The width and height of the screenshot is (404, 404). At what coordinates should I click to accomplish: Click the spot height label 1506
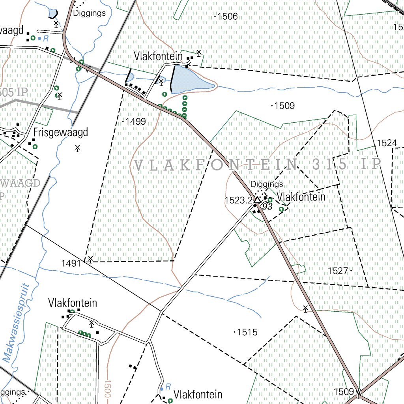(x=228, y=17)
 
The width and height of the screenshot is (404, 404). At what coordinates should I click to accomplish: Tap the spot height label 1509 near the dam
(x=285, y=106)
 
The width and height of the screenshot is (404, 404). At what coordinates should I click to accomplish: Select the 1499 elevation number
(x=136, y=122)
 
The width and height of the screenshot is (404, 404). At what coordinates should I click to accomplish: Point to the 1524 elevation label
(x=387, y=143)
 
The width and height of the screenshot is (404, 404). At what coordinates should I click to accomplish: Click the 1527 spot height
(x=338, y=271)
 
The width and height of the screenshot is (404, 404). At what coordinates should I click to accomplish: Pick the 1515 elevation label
(x=247, y=332)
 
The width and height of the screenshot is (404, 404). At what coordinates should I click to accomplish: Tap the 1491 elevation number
(x=71, y=263)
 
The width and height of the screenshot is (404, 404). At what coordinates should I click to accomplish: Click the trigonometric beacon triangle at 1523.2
(x=257, y=200)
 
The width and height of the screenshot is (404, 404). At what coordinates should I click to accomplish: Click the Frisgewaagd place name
(x=60, y=132)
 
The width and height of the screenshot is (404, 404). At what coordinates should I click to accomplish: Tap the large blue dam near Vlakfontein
(x=191, y=79)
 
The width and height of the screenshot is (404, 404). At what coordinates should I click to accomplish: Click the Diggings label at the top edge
(x=90, y=13)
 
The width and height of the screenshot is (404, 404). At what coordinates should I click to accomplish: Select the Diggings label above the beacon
(x=267, y=184)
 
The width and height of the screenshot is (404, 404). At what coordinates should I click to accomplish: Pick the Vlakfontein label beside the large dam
(x=158, y=56)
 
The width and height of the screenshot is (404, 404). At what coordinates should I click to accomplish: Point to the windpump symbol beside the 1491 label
(x=90, y=259)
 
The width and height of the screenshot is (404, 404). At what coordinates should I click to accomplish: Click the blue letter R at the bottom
(x=168, y=386)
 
